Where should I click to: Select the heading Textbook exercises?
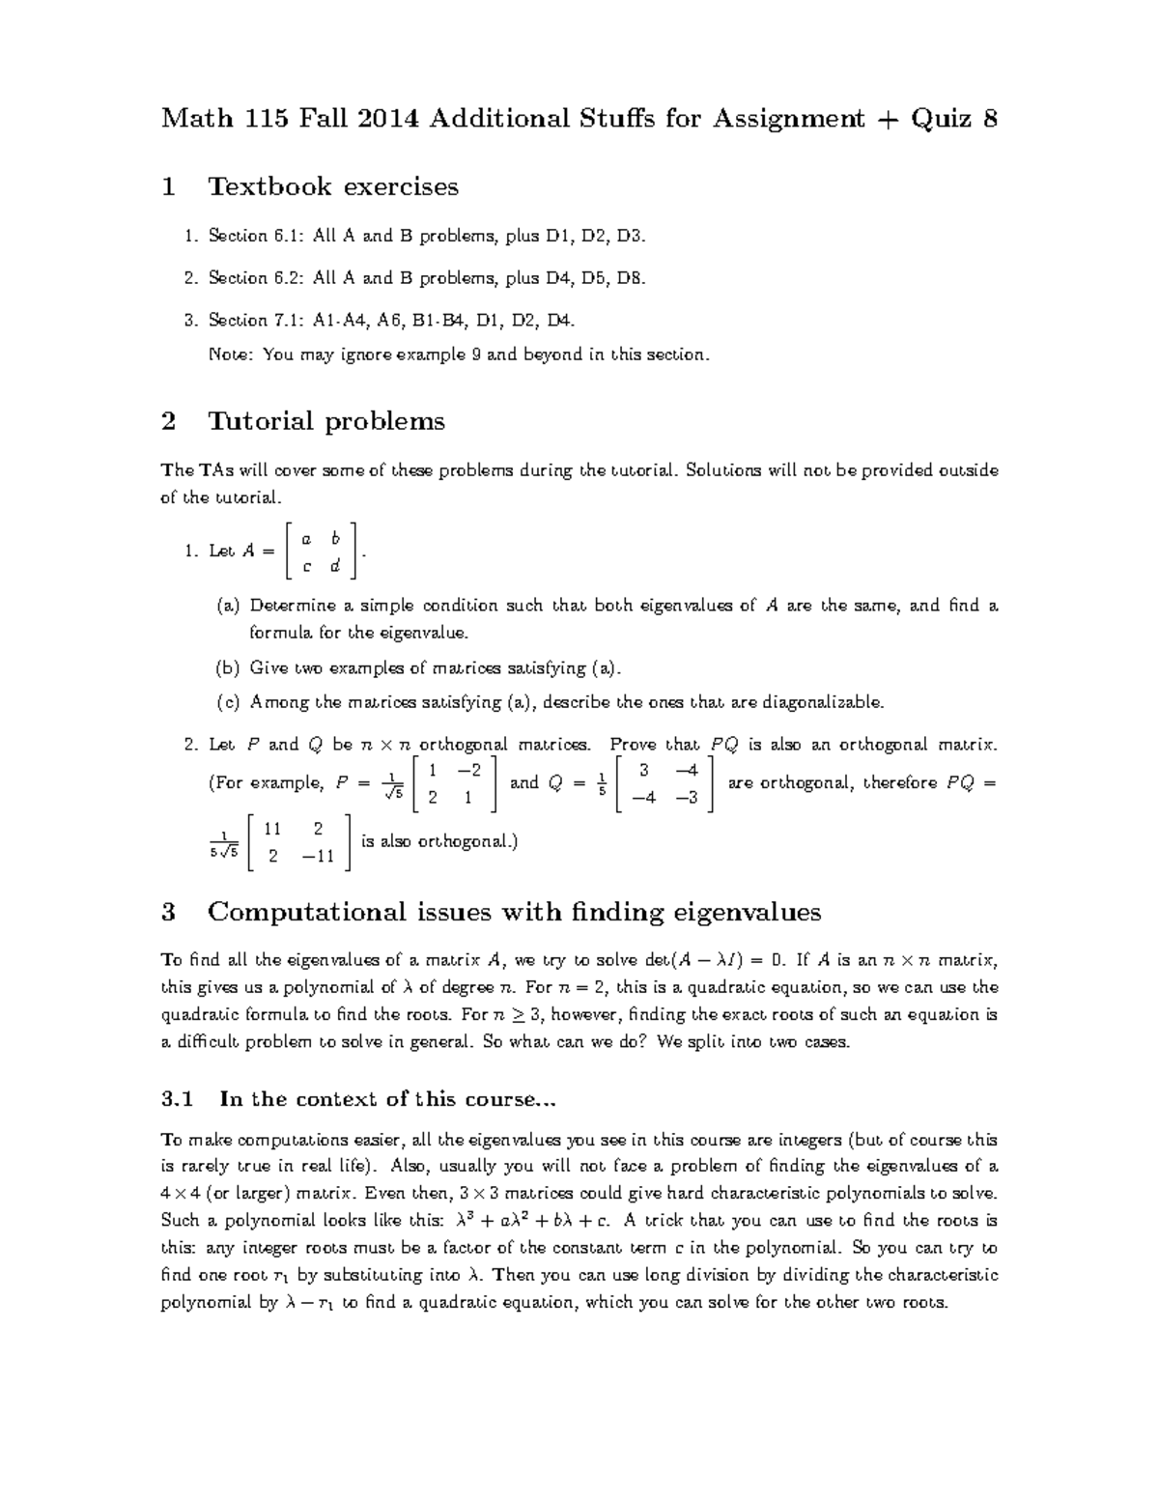click(333, 186)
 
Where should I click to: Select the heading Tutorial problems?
click(326, 421)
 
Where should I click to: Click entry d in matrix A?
click(334, 566)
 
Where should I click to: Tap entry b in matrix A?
click(334, 537)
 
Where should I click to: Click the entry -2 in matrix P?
click(469, 769)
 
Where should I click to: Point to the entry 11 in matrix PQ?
click(272, 829)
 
